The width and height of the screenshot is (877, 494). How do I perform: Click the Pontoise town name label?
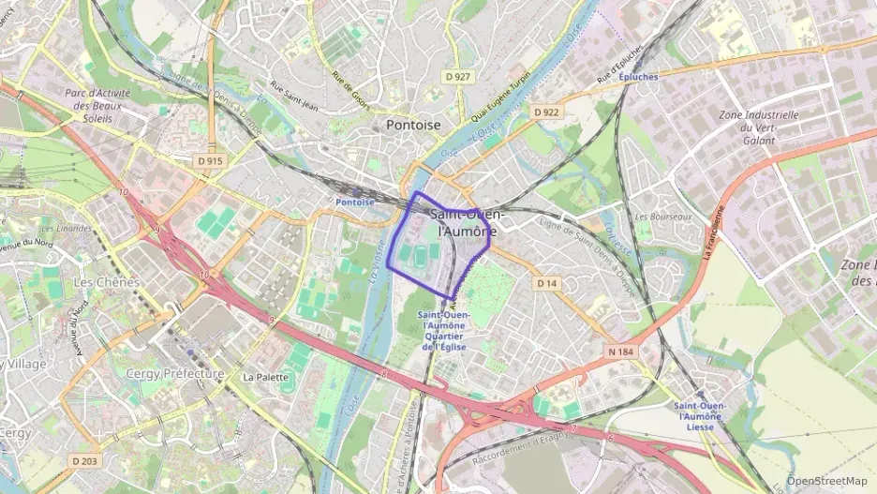pos(412,125)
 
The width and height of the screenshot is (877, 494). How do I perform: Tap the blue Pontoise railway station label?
pos(355,202)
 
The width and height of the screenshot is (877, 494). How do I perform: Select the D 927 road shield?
pos(457,76)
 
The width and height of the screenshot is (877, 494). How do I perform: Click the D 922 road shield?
pos(546,112)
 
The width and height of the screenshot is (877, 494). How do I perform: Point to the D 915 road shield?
pos(211,161)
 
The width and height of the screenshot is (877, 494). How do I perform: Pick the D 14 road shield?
pos(547,282)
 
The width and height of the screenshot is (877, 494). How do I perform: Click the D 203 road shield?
pos(84,460)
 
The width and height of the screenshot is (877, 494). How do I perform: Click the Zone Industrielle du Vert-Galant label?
pos(758,127)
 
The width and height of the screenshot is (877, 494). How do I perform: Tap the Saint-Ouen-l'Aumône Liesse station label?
pos(699,416)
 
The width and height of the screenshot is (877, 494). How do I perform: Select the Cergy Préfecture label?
pos(175,373)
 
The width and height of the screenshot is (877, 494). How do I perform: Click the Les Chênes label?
pos(106,282)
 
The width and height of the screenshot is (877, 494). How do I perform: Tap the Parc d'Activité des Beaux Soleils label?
pos(97,106)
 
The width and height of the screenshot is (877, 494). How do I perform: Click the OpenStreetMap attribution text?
pos(826,481)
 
